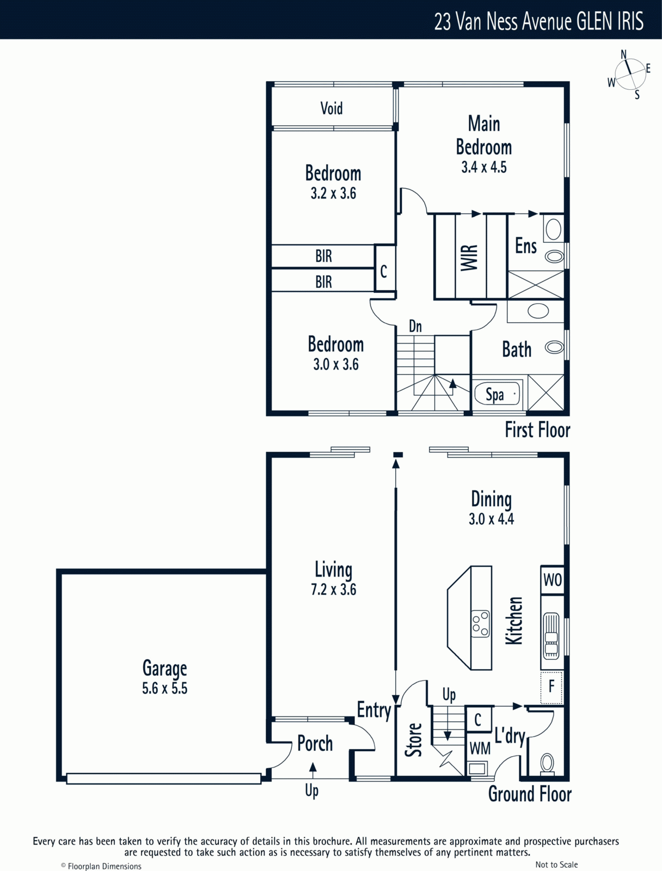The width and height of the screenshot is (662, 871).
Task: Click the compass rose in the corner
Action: click(630, 74)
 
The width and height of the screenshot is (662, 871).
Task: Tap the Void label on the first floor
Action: click(332, 108)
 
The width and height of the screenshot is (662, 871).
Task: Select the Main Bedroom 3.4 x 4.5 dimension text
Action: click(484, 167)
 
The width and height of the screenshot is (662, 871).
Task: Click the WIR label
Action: click(469, 258)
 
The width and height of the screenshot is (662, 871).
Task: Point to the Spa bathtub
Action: click(497, 394)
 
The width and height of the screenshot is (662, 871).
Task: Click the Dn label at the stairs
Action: click(415, 326)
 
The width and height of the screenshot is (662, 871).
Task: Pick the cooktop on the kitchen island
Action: click(480, 624)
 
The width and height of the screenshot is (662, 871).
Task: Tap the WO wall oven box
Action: click(552, 580)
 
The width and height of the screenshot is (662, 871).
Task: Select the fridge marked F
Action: click(551, 688)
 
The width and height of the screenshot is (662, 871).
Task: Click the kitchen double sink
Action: click(551, 636)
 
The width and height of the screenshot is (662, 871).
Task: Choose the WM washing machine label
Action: click(480, 749)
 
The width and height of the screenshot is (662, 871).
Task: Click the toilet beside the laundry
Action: click(547, 764)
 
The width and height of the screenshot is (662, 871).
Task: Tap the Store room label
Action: click(413, 740)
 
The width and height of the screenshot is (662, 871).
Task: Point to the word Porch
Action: click(315, 744)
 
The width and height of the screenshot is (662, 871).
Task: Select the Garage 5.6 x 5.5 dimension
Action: click(164, 688)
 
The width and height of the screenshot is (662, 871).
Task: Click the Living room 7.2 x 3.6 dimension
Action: click(334, 589)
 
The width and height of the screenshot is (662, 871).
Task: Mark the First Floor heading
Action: click(537, 430)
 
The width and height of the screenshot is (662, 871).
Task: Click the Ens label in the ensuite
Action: click(526, 246)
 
